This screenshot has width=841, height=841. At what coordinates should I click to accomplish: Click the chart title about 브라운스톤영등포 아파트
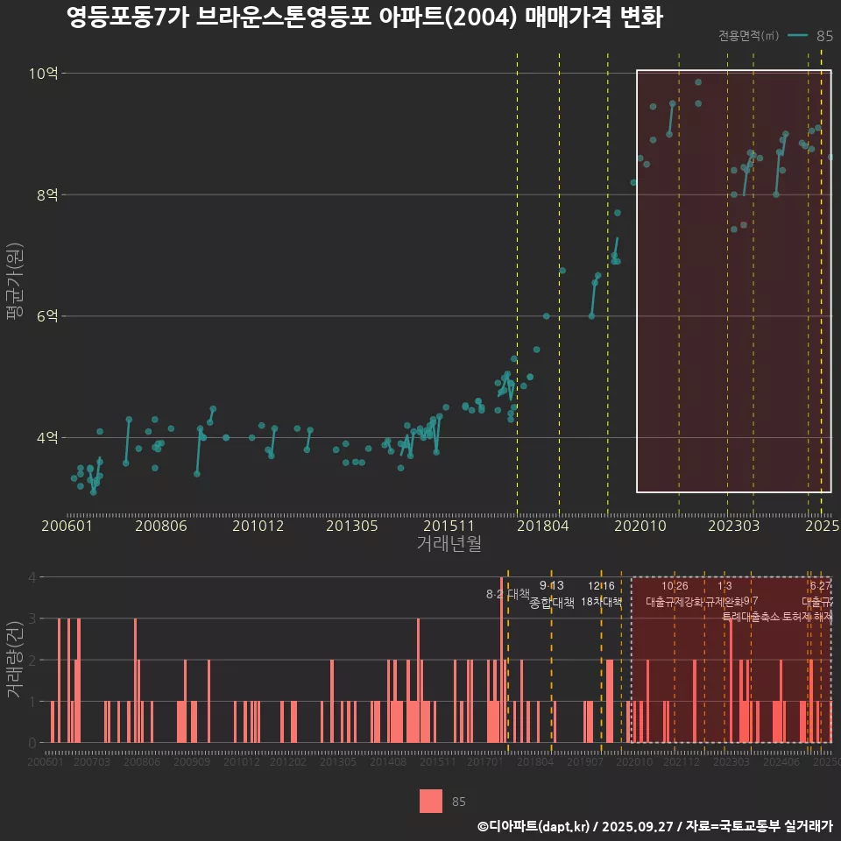[x=364, y=18]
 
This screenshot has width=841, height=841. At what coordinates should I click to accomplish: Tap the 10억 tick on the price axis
[x=43, y=74]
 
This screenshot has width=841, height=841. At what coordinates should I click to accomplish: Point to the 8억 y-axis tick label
[x=46, y=195]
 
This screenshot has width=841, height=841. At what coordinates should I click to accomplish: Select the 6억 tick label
[x=46, y=316]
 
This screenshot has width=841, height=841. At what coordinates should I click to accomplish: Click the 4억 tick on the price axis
[x=46, y=437]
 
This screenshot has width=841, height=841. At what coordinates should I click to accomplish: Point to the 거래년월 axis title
[x=449, y=544]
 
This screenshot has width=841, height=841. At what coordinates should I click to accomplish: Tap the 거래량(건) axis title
[x=15, y=660]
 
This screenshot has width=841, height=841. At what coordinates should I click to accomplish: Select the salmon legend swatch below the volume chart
[x=431, y=801]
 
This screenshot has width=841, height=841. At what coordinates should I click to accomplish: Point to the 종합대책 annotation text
[x=552, y=602]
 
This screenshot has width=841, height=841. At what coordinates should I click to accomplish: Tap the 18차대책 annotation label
[x=601, y=602]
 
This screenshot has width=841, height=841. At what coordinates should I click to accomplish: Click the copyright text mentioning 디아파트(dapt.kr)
[x=654, y=826]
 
